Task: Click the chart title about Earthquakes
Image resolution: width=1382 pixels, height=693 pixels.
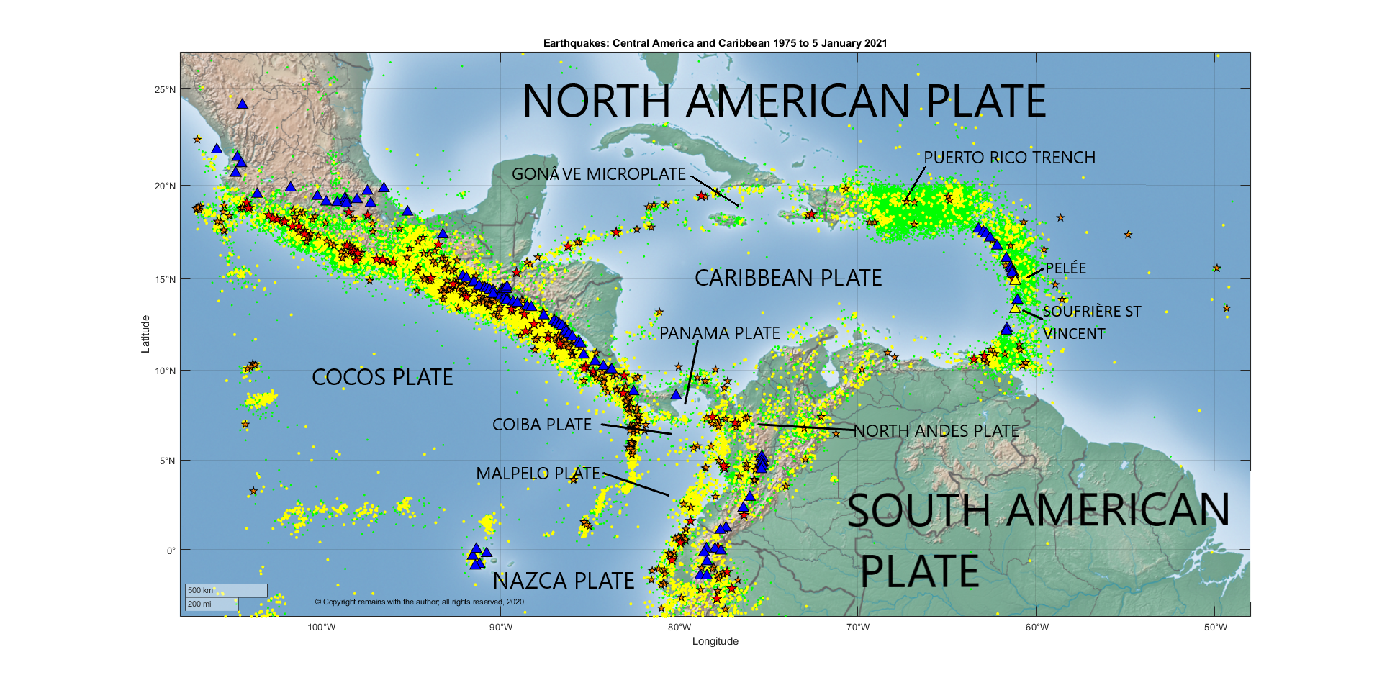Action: click(715, 43)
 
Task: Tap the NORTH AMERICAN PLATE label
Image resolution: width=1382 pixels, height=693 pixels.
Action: click(783, 101)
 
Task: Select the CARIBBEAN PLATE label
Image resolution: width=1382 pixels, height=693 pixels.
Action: click(787, 278)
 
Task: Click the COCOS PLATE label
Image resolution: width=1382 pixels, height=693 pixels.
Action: click(382, 378)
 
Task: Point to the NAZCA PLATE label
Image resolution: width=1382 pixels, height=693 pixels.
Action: click(563, 581)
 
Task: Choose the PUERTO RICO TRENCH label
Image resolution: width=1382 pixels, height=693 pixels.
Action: click(1009, 158)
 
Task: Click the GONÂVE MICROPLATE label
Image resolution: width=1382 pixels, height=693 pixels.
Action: click(598, 174)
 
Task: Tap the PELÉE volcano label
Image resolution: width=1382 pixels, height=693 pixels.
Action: click(1065, 268)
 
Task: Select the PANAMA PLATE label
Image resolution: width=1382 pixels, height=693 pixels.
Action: click(719, 333)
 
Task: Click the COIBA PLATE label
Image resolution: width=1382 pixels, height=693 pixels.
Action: click(541, 425)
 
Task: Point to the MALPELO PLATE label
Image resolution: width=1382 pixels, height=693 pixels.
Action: click(538, 474)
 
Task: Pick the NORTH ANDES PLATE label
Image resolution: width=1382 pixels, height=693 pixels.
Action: click(936, 431)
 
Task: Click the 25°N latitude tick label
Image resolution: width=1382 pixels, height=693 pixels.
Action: click(165, 90)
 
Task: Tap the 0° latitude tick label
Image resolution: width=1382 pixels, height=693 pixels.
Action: click(171, 551)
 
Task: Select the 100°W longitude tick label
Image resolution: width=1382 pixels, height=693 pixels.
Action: click(321, 628)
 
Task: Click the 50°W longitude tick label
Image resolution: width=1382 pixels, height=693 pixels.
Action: click(1215, 628)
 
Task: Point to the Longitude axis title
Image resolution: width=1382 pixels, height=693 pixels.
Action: click(715, 641)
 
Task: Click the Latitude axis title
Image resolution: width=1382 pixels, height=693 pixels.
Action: click(145, 334)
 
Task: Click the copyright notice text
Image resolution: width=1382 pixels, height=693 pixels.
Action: click(420, 602)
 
